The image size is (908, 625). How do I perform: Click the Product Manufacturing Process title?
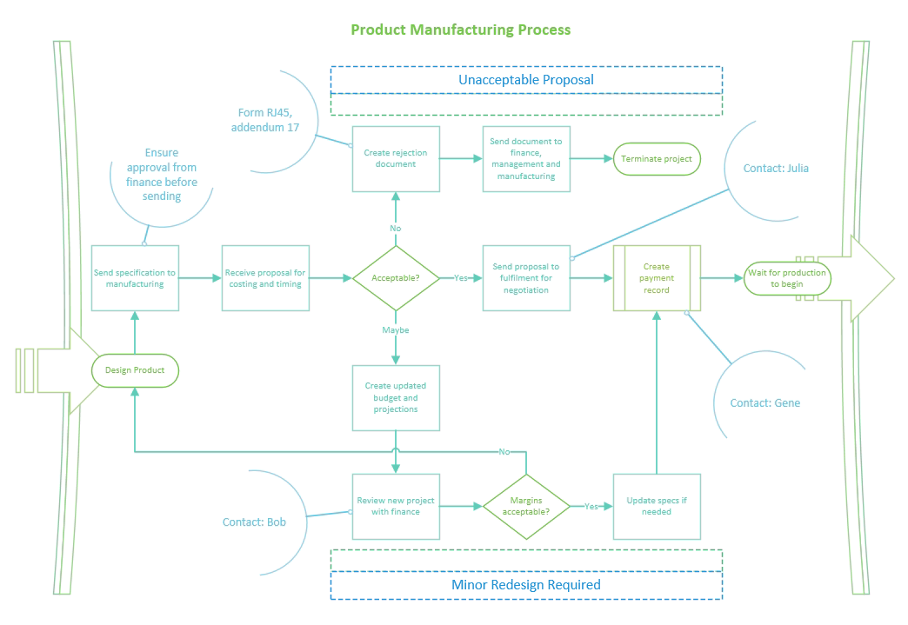click(x=460, y=30)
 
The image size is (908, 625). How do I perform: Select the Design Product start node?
click(x=135, y=370)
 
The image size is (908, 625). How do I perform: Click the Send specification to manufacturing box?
click(x=135, y=278)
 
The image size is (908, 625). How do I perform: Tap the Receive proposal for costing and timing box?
click(x=265, y=278)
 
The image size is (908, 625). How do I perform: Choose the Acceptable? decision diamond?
click(x=396, y=278)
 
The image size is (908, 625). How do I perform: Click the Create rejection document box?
click(x=396, y=158)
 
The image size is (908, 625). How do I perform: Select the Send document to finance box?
click(x=527, y=158)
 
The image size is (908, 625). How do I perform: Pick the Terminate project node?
click(x=657, y=159)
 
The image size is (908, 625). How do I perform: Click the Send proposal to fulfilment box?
click(x=527, y=278)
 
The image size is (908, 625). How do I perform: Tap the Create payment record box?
click(x=657, y=278)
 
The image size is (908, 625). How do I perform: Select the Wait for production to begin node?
click(x=787, y=278)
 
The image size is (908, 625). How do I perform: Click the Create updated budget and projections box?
click(x=396, y=397)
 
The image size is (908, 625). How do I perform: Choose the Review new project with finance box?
click(x=396, y=506)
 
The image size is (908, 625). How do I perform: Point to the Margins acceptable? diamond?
click(x=526, y=506)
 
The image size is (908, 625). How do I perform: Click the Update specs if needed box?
click(x=657, y=506)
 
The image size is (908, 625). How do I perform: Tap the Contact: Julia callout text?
click(x=776, y=168)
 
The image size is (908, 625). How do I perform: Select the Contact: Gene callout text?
click(x=764, y=402)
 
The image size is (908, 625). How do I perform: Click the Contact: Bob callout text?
click(x=254, y=522)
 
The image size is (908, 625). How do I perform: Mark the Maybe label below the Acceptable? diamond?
click(x=395, y=330)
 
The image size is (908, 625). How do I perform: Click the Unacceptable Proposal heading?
click(x=526, y=80)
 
